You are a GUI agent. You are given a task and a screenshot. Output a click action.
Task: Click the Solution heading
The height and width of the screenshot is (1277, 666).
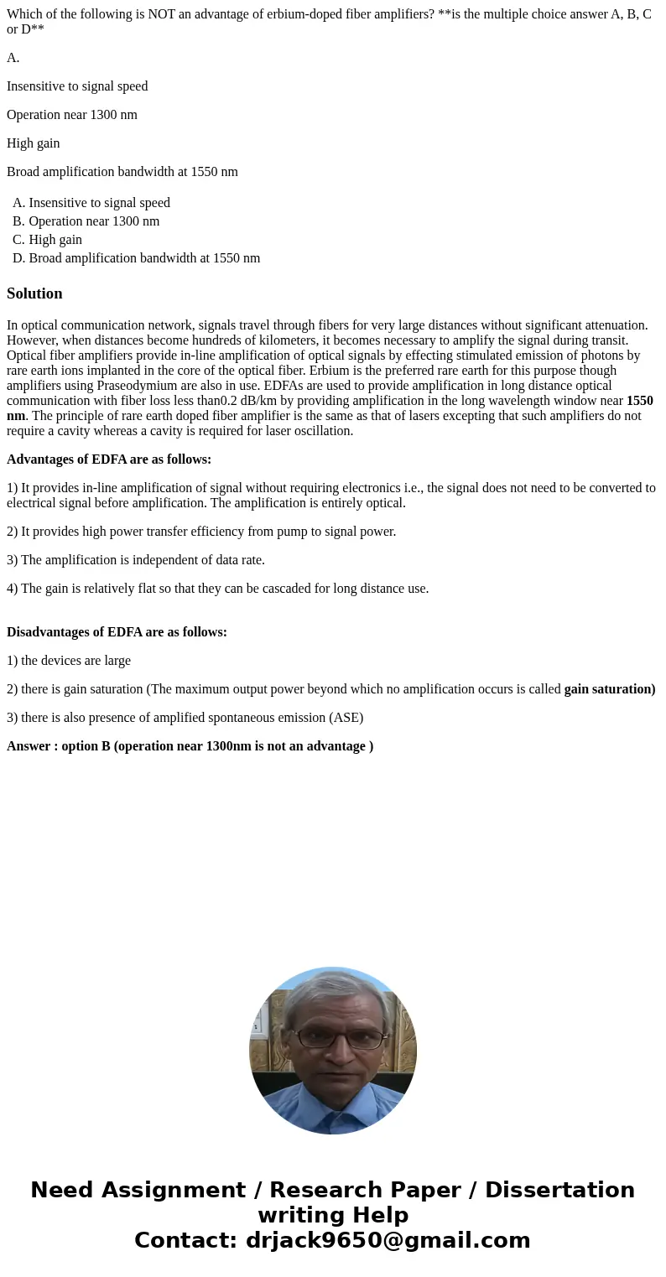pyautogui.click(x=34, y=293)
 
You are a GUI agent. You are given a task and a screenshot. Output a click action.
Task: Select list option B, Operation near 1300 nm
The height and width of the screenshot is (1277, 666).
pyautogui.click(x=94, y=221)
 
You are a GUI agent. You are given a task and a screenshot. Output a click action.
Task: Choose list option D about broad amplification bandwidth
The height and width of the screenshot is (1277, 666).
pyautogui.click(x=144, y=258)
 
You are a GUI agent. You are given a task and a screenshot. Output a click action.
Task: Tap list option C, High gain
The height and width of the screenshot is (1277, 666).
pyautogui.click(x=55, y=240)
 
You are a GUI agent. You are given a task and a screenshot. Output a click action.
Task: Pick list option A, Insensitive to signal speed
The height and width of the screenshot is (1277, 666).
pyautogui.click(x=99, y=203)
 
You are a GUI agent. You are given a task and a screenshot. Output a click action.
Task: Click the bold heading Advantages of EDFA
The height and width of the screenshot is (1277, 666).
pyautogui.click(x=109, y=459)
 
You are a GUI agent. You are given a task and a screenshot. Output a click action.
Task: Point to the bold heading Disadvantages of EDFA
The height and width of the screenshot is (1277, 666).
pyautogui.click(x=117, y=632)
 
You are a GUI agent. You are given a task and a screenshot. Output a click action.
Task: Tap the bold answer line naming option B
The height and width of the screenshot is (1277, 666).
pyautogui.click(x=190, y=746)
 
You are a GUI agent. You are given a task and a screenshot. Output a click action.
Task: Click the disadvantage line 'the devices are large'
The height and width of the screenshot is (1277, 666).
pyautogui.click(x=69, y=661)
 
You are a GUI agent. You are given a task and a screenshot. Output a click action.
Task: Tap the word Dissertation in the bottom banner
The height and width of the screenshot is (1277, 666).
pyautogui.click(x=559, y=1191)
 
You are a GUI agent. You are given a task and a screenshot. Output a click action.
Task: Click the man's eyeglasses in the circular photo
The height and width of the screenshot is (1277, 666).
pyautogui.click(x=333, y=1037)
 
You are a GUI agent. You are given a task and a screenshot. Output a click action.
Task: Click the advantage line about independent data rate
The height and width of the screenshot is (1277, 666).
pyautogui.click(x=136, y=560)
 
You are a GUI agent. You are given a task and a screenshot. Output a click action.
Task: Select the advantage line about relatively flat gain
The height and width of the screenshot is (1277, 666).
pyautogui.click(x=218, y=589)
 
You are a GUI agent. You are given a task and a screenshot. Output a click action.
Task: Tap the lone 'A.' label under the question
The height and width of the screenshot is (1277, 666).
pyautogui.click(x=13, y=58)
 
